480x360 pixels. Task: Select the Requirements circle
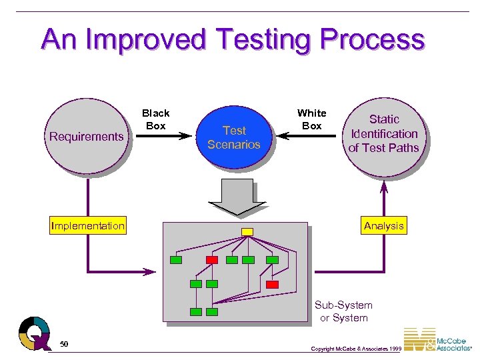pyautogui.click(x=87, y=137)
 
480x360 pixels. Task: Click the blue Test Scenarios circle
pyautogui.click(x=234, y=137)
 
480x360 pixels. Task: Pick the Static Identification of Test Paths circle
pyautogui.click(x=384, y=133)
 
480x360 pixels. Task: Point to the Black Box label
pyautogui.click(x=156, y=119)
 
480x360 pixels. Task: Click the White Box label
pyautogui.click(x=311, y=119)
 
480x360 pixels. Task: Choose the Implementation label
pyautogui.click(x=88, y=226)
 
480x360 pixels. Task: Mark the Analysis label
pyautogui.click(x=384, y=226)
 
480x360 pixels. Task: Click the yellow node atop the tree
pyautogui.click(x=247, y=231)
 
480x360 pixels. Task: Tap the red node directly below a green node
pyautogui.click(x=272, y=284)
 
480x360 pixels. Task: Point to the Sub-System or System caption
pyautogui.click(x=343, y=311)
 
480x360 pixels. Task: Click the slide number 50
pyautogui.click(x=64, y=344)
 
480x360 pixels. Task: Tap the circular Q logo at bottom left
pyautogui.click(x=34, y=333)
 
